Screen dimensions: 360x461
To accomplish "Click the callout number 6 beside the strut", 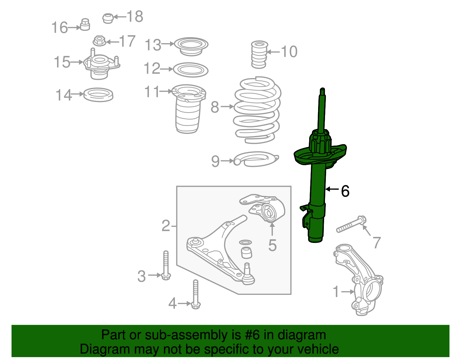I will click(345, 191).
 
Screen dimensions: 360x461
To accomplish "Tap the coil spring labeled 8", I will click(257, 110).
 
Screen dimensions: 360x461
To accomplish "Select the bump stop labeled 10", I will click(259, 54).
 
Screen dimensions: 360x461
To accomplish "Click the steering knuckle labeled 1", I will click(363, 282).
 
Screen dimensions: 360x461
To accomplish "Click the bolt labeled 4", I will click(196, 294).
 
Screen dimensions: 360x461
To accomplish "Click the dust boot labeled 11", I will click(188, 110).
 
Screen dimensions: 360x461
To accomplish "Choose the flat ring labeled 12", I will click(191, 70).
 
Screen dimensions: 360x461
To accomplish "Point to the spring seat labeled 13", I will click(191, 46).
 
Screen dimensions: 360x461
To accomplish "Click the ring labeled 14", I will click(98, 95).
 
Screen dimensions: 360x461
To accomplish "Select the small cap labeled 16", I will click(85, 25).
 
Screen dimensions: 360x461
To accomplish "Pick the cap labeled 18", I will click(108, 18).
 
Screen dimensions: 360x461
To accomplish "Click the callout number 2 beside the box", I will click(166, 226).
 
